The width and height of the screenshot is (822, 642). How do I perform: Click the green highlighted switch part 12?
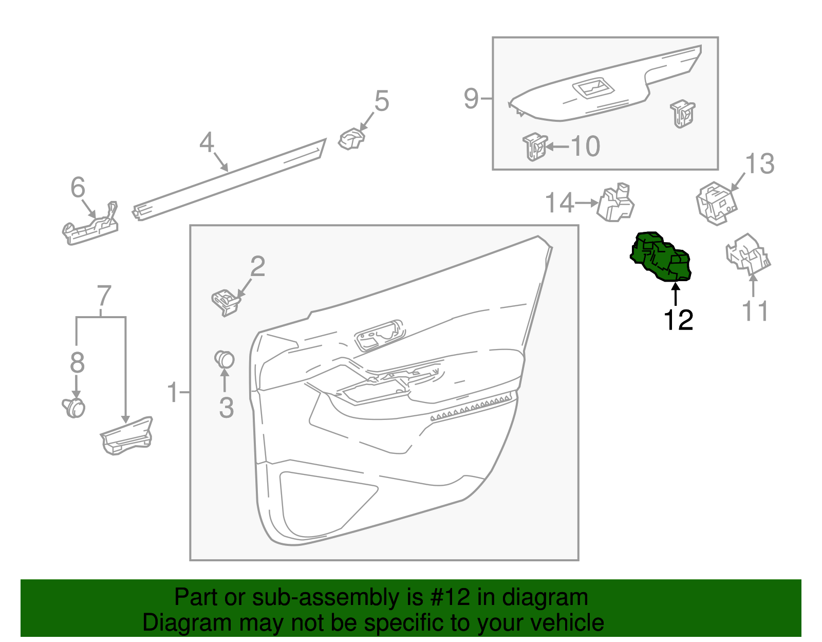tap(661, 257)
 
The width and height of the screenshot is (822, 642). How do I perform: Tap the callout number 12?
tap(678, 320)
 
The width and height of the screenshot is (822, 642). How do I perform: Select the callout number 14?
tap(559, 203)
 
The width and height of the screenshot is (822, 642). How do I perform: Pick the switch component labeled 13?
tap(716, 203)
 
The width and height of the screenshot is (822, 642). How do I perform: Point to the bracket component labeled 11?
tap(748, 252)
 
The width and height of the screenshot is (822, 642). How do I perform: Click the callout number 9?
tap(471, 98)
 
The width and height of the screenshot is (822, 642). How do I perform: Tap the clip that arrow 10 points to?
tap(535, 146)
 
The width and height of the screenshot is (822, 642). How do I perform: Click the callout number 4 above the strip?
tap(207, 142)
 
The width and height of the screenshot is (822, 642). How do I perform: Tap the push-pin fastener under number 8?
tap(74, 408)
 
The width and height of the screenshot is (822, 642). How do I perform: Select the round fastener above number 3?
tap(225, 359)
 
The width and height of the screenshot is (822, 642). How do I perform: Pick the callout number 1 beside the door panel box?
tap(173, 393)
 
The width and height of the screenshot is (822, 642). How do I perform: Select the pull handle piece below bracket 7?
tap(127, 436)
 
